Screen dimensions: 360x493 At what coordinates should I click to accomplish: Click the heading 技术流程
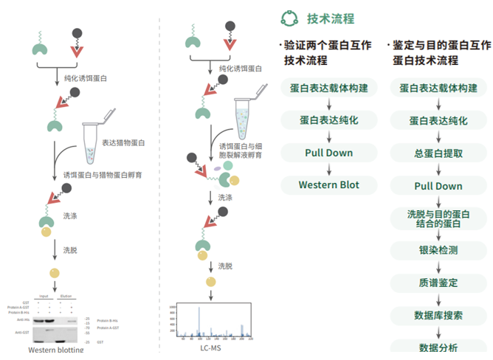point(330,18)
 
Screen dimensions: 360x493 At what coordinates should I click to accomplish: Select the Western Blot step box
point(328,184)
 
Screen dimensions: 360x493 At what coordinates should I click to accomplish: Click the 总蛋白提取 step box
point(438,153)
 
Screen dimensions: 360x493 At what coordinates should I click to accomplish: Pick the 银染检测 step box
point(438,249)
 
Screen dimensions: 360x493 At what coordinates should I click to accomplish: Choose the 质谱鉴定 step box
point(438,283)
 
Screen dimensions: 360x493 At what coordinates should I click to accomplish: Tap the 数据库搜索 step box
point(438,315)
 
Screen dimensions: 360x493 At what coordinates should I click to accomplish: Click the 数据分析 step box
point(438,347)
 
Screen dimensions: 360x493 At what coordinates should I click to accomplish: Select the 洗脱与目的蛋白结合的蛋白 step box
point(438,218)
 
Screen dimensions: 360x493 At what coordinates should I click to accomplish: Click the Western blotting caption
point(56,350)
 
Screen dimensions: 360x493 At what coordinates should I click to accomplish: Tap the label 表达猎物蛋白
point(123,142)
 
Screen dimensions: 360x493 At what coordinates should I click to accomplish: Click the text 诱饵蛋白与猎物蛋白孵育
point(103,175)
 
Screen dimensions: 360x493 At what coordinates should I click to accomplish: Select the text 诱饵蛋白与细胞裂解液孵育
point(240,151)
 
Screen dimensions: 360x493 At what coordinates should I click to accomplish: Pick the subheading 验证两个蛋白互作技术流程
point(328,52)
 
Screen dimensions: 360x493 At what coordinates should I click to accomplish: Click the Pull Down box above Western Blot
point(328,153)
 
